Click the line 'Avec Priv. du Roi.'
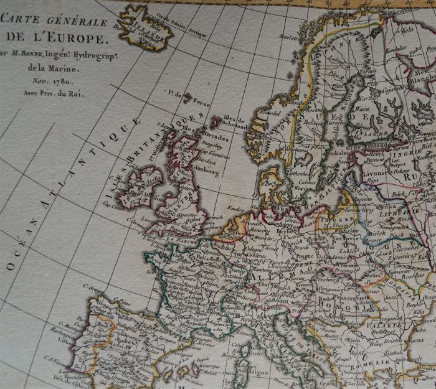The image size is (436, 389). click(x=52, y=93)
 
